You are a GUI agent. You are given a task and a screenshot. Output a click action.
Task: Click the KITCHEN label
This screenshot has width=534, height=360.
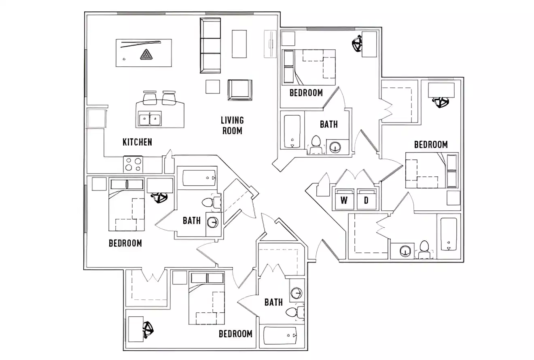point(137,142)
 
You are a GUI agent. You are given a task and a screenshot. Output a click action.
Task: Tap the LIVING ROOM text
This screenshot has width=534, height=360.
point(232,125)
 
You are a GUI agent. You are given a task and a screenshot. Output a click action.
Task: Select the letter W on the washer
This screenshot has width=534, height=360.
point(344,200)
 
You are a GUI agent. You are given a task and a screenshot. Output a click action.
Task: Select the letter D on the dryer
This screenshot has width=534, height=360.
point(366,200)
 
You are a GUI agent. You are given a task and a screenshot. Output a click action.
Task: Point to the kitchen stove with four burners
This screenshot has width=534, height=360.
point(133,165)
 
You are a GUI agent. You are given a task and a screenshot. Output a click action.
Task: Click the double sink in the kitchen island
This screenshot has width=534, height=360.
point(149,119)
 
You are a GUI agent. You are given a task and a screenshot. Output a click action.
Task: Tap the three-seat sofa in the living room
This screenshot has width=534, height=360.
point(210,45)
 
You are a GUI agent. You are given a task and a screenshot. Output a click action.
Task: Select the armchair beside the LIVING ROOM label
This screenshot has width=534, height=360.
point(239,89)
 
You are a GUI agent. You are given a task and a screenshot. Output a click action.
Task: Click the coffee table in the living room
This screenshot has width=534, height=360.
point(239,44)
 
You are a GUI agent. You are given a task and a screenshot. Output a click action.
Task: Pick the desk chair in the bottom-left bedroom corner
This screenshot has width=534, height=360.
point(148,329)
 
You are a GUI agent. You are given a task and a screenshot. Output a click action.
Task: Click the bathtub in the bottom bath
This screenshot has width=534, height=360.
point(280,335)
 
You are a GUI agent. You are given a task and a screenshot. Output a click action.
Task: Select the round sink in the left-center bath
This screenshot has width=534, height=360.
point(213,222)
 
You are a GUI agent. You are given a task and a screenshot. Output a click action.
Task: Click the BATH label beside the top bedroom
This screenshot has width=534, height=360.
point(328,124)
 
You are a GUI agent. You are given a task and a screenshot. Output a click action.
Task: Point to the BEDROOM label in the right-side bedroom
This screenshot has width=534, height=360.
point(430,144)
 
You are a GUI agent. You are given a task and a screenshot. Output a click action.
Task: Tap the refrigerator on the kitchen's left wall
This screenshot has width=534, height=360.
point(97,118)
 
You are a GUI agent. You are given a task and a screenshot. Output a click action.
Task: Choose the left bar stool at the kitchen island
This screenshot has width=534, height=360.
point(149,97)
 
